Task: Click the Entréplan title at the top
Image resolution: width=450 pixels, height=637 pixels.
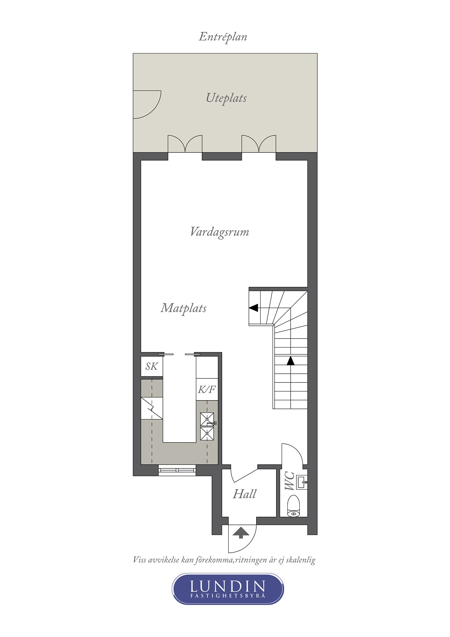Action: point(223,37)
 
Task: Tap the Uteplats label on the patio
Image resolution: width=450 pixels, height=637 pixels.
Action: point(226,98)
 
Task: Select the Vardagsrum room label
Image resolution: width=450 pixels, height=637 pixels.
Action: point(220,232)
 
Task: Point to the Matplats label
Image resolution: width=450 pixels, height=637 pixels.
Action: point(184,308)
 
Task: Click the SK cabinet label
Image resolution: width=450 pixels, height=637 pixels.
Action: point(152,366)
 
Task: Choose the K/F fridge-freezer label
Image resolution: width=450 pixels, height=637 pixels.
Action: point(207,390)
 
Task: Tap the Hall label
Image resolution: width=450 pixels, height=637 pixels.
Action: point(245,494)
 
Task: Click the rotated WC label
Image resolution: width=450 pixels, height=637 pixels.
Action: point(290,481)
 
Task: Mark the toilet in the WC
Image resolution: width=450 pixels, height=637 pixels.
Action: point(294,506)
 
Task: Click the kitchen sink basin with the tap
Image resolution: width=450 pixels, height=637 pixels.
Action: point(207,419)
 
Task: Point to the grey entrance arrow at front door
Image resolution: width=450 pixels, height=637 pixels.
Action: point(241,533)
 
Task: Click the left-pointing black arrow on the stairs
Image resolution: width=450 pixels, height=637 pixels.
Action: point(253,308)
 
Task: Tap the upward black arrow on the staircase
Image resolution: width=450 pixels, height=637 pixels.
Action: point(290,361)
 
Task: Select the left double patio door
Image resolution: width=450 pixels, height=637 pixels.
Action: point(185,144)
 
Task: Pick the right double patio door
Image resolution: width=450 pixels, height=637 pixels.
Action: point(259,144)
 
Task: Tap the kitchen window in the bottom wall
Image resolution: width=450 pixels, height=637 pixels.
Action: point(177,471)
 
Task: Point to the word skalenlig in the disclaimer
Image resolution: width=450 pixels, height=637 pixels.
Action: point(300,560)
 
